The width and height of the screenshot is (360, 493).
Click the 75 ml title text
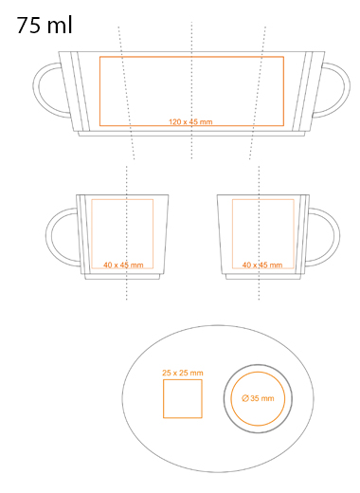coord(45,26)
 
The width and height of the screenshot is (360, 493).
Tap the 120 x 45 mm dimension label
coord(190,121)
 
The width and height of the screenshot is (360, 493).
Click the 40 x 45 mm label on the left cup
coord(123,265)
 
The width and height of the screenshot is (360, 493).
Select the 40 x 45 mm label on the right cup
coord(262,265)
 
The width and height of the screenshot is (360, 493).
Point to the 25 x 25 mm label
coord(183,373)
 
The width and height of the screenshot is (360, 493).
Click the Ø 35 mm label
coord(258,398)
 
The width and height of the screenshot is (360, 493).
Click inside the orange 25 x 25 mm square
coord(183,399)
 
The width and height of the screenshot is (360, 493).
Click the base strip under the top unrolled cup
coord(191,134)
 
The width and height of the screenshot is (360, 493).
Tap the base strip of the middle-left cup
coord(122,277)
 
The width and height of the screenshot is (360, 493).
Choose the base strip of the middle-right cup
coord(263,277)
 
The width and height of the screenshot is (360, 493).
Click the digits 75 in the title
coord(28,26)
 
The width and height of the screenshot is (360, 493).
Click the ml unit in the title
coord(60,26)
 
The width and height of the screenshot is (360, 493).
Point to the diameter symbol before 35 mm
coord(245,398)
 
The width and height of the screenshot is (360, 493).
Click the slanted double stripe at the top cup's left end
coord(81,92)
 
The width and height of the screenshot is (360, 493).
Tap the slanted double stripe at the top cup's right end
coord(302,92)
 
